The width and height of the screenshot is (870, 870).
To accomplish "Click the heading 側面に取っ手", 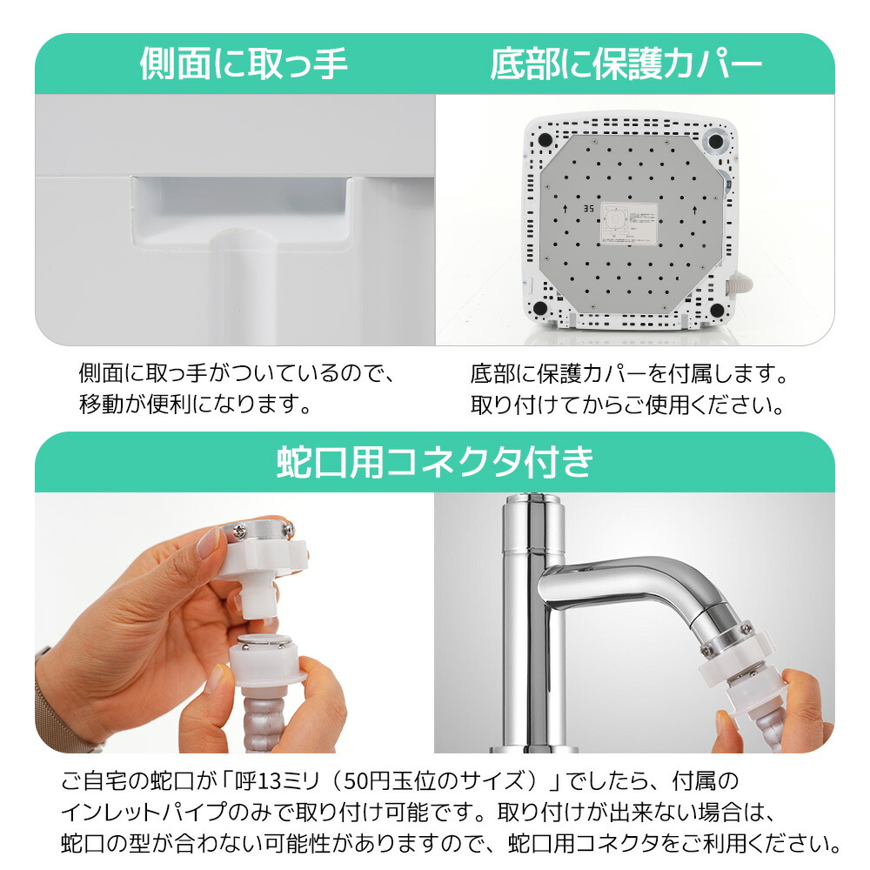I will [244, 65].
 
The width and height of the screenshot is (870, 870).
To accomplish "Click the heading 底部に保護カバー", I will [626, 65].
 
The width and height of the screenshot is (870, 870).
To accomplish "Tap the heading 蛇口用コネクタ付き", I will [435, 462].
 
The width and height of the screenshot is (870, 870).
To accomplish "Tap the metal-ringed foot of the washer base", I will [716, 140].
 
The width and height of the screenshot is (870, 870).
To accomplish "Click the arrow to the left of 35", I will [566, 209].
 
